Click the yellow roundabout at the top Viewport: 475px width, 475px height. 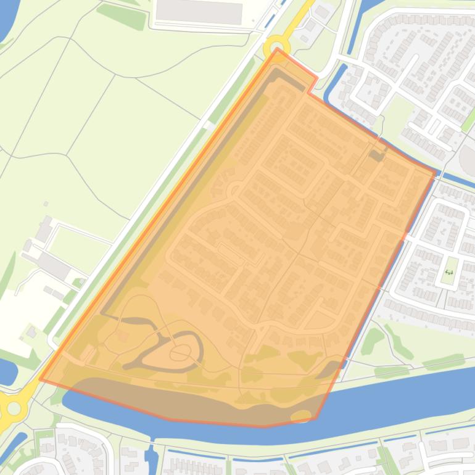click(x=276, y=47)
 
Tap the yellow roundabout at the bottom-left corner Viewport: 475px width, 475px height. click(x=12, y=407)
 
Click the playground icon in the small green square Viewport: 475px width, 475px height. click(x=449, y=272)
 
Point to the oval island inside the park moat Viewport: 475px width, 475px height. click(x=180, y=353)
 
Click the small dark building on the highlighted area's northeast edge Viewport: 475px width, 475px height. click(x=376, y=155)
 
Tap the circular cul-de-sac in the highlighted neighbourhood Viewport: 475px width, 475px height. click(x=234, y=191)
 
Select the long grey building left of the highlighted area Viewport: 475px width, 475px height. click(x=54, y=266)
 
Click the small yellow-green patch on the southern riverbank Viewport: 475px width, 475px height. click(x=301, y=415)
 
